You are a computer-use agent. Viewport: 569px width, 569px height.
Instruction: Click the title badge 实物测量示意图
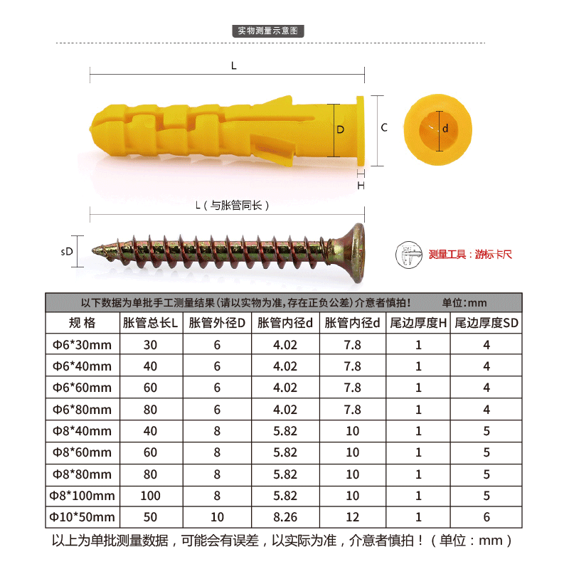point(268,31)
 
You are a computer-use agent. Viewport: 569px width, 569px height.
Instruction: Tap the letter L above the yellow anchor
point(234,65)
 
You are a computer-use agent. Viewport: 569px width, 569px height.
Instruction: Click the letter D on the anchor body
point(341,129)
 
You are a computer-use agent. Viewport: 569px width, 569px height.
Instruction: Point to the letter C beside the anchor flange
point(384,127)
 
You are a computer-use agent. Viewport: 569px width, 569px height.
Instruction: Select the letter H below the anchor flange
point(361,186)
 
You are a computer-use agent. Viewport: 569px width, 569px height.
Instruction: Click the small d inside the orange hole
point(445,128)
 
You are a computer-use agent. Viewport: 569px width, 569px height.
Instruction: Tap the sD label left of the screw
point(67,252)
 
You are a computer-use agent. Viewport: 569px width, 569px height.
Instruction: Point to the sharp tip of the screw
point(92,250)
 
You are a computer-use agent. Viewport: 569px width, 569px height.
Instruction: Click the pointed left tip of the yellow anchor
point(90,128)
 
